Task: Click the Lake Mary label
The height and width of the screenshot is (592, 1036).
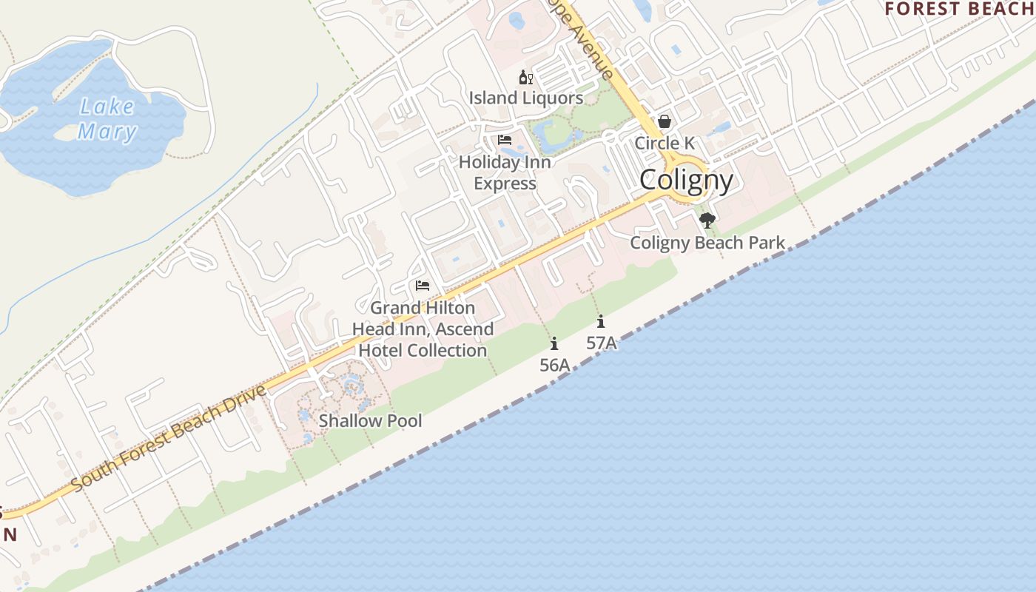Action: (x=107, y=119)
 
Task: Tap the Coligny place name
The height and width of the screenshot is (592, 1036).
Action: (x=686, y=180)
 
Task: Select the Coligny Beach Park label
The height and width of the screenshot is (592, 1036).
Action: (x=707, y=243)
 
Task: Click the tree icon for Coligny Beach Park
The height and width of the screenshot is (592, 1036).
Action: (x=707, y=220)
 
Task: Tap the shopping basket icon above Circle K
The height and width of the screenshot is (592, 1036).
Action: (x=665, y=121)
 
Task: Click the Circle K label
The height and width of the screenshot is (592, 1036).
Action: (x=665, y=143)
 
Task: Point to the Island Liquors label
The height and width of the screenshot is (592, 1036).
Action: (x=526, y=98)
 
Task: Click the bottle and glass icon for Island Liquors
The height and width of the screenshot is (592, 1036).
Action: (x=526, y=77)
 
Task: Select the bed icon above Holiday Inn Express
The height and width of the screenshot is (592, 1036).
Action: (x=505, y=139)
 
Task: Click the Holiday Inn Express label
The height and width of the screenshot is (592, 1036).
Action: (x=505, y=172)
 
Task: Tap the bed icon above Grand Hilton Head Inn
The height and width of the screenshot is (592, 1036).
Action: (x=423, y=286)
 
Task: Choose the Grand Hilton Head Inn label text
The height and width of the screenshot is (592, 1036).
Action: (x=423, y=329)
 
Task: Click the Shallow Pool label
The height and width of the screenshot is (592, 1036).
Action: (x=370, y=421)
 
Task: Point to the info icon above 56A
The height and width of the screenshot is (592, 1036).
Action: (x=554, y=343)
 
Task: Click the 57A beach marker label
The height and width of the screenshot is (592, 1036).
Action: (x=601, y=343)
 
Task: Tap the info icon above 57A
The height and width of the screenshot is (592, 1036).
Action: (x=601, y=321)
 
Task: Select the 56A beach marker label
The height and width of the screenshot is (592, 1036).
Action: (x=554, y=365)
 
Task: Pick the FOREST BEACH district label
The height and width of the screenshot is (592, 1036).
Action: (x=960, y=9)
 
